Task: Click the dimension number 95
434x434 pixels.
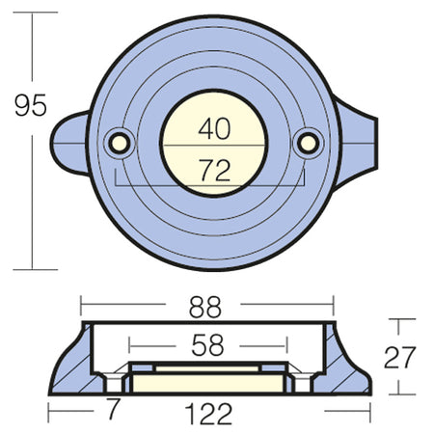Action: pyautogui.click(x=31, y=105)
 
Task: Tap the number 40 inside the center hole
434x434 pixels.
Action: pyautogui.click(x=214, y=128)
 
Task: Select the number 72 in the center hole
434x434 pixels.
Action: pyautogui.click(x=214, y=170)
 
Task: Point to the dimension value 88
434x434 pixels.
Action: pyautogui.click(x=205, y=307)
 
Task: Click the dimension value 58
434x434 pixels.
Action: pyautogui.click(x=207, y=345)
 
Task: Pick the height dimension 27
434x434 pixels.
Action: pyautogui.click(x=399, y=357)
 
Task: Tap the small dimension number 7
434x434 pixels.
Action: pyautogui.click(x=113, y=408)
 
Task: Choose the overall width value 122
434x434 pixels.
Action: pyautogui.click(x=208, y=414)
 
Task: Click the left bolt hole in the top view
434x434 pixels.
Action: pyautogui.click(x=119, y=144)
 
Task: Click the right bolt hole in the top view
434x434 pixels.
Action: pyautogui.click(x=309, y=144)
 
